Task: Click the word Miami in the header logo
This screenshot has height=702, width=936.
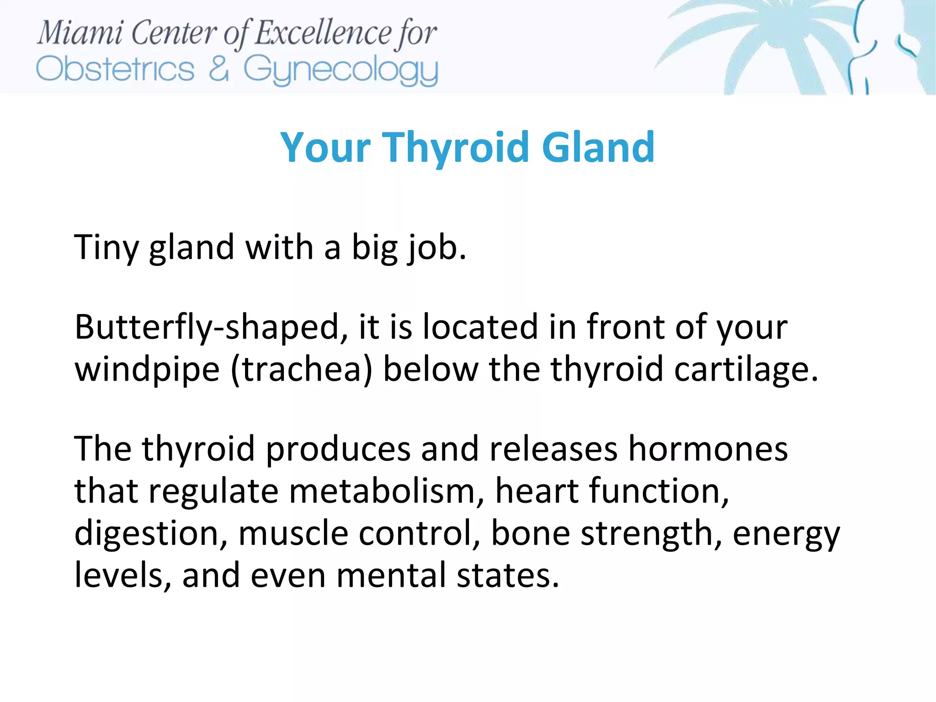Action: point(80,33)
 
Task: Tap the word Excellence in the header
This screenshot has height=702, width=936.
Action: point(323,33)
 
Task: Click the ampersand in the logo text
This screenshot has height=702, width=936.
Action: point(218,69)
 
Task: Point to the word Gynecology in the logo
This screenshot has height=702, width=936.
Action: point(340,71)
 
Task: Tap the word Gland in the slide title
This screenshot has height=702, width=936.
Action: point(598,147)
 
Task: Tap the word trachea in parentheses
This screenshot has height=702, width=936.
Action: point(302,369)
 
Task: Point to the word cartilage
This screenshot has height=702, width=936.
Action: point(745,369)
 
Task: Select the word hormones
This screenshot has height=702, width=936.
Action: point(708,449)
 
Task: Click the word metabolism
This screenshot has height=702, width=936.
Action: point(386,491)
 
